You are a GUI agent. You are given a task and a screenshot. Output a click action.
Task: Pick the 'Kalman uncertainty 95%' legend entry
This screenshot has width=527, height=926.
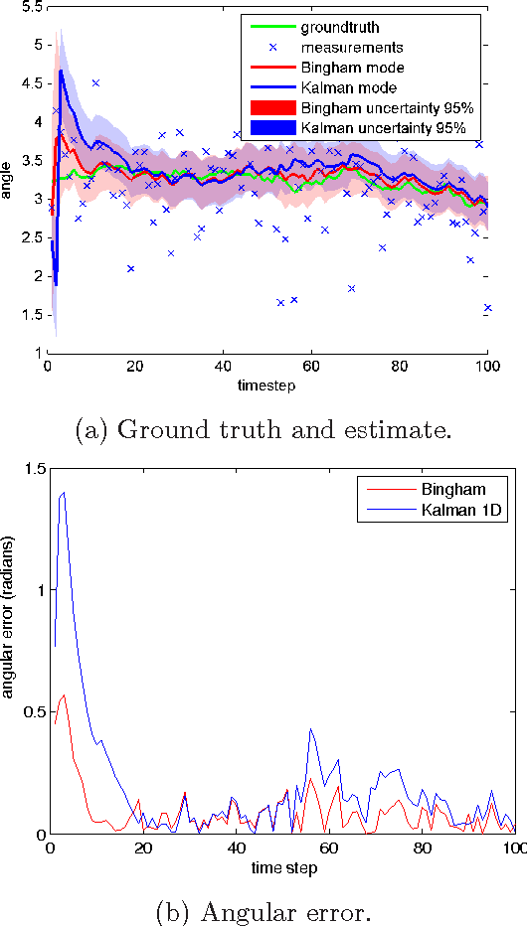tap(372, 128)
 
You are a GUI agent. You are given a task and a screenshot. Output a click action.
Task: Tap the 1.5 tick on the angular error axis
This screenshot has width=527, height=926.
tap(30, 469)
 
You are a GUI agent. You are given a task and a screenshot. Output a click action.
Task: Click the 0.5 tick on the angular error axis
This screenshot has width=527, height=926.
tap(30, 712)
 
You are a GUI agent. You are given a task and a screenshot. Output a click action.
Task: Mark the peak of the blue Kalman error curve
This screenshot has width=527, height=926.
tap(64, 492)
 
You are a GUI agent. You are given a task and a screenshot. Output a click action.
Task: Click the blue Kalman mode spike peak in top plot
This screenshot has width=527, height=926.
tap(61, 71)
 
